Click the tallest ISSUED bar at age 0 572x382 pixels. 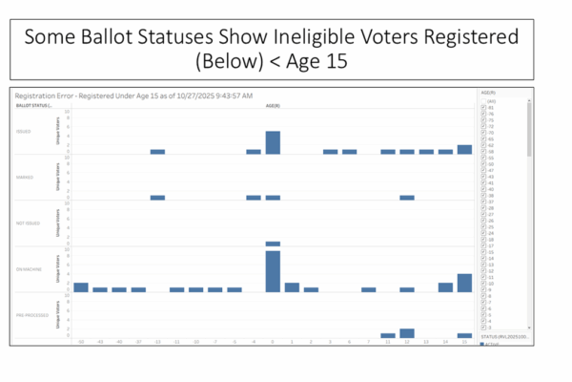click(x=273, y=142)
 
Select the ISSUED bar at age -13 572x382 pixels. click(x=157, y=151)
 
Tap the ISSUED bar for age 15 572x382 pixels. click(x=464, y=149)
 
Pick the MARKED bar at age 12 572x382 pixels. click(x=407, y=198)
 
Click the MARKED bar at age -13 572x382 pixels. click(x=157, y=198)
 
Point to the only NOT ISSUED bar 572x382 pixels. click(x=273, y=244)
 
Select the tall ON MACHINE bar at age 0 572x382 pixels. click(x=273, y=271)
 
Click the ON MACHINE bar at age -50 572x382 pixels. click(x=81, y=287)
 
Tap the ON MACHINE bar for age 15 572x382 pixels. click(x=464, y=283)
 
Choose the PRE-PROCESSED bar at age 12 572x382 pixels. click(x=407, y=333)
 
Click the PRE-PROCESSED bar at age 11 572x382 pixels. click(x=388, y=335)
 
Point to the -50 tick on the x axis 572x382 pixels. click(x=81, y=342)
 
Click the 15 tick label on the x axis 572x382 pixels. click(x=464, y=342)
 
